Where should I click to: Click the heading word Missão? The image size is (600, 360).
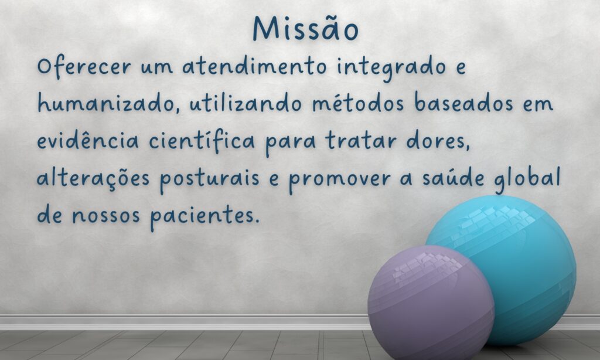306,28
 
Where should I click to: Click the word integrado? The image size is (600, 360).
391,68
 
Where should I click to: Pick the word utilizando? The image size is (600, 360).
246,103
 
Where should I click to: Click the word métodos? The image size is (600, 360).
358,103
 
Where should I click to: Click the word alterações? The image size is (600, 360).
93,178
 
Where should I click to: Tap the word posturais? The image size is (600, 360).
209,179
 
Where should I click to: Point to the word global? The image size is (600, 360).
527,179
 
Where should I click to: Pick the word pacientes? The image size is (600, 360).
204,216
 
